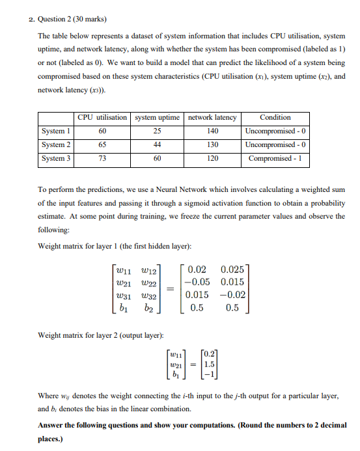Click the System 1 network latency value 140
coord(212,131)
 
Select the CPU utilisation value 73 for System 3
coord(102,158)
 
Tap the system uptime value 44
coord(157,144)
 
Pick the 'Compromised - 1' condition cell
coord(275,158)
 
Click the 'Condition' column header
coord(275,117)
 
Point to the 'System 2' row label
coord(57,144)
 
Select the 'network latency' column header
coord(212,117)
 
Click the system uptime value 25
coord(157,131)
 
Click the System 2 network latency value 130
coord(212,144)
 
